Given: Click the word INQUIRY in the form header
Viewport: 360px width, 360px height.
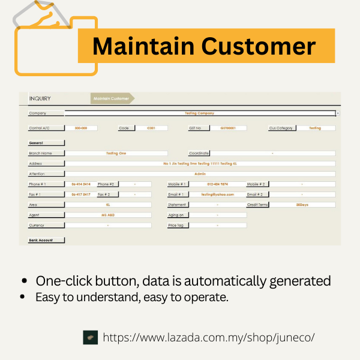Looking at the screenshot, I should pos(40,98).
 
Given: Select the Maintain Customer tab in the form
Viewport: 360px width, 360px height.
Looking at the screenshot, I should pos(112,98).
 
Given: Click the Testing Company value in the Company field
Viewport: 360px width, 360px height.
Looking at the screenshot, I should pos(200,113).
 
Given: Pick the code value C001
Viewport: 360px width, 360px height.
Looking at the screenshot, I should pos(151,128).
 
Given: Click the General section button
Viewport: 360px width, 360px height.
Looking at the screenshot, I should pos(46,143).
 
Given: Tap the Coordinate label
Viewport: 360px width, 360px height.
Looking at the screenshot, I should pos(198,153).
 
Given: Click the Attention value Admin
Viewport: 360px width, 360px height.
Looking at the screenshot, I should pos(200,174).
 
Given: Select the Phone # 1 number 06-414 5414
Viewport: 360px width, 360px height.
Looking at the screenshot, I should pos(81,184).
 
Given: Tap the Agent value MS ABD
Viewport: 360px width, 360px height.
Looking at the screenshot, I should pos(108,215).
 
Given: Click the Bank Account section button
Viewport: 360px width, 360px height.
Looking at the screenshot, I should pos(46,240).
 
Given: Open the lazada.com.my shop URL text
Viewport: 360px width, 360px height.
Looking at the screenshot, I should pos(209,337).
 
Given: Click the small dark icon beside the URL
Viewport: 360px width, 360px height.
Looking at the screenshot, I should pos(90,337).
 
